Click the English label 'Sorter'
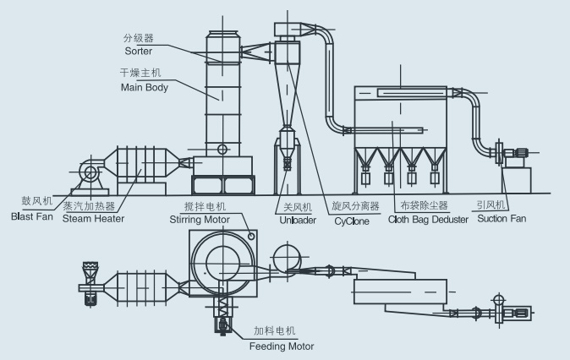(137, 51)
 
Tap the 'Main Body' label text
(144, 87)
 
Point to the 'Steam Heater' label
(93, 218)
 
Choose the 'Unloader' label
(297, 219)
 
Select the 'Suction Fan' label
(501, 218)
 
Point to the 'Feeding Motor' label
(281, 346)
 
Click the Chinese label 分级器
(138, 38)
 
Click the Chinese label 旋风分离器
(355, 205)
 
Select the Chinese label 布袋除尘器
(421, 205)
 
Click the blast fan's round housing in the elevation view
(89, 173)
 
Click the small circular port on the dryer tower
(222, 150)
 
